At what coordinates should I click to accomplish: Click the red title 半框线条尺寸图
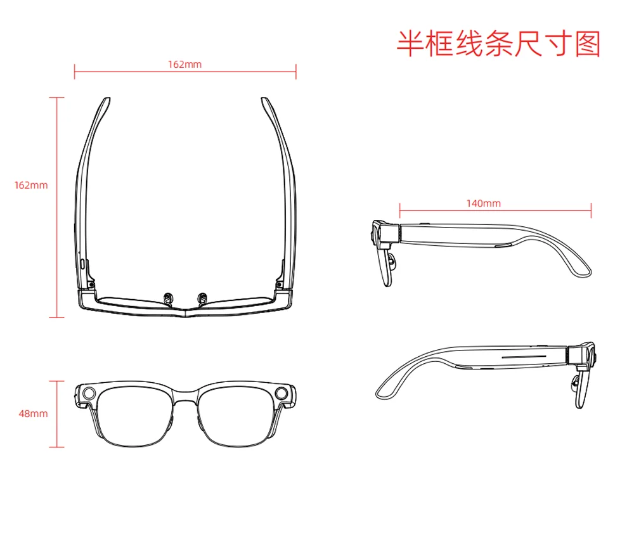[498, 44]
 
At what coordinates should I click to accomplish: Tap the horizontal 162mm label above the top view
[184, 64]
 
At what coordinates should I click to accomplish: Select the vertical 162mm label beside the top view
[31, 185]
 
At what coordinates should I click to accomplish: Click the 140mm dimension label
[484, 203]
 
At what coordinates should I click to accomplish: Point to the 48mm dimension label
[33, 413]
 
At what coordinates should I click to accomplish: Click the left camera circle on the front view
[89, 393]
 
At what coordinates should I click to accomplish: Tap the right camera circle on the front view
[281, 393]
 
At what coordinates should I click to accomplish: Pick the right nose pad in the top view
[202, 299]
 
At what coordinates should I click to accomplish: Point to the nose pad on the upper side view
[391, 260]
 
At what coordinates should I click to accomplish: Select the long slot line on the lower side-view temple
[524, 357]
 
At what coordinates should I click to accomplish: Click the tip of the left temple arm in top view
[107, 98]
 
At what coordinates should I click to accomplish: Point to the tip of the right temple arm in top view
[264, 98]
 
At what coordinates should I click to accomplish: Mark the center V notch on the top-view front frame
[185, 311]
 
